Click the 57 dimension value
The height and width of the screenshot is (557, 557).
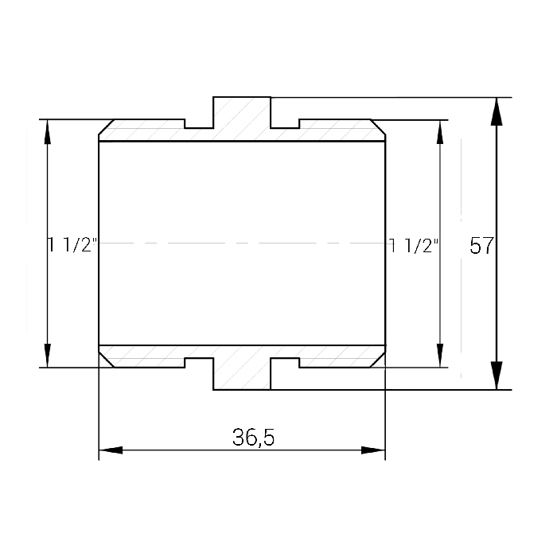[481, 245]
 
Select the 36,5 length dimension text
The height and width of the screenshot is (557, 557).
[253, 438]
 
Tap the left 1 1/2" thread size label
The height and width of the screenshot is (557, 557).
[72, 245]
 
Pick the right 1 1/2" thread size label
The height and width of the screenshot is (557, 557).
[414, 245]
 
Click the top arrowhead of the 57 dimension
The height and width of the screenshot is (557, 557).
[497, 111]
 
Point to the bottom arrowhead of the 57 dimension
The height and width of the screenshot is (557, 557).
[497, 376]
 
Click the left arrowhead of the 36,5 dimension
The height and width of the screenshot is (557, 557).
[111, 450]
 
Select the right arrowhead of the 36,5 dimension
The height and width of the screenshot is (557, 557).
[373, 450]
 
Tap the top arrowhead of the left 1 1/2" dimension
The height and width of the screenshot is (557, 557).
[47, 132]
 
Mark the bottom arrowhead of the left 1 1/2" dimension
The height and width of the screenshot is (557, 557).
[47, 355]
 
